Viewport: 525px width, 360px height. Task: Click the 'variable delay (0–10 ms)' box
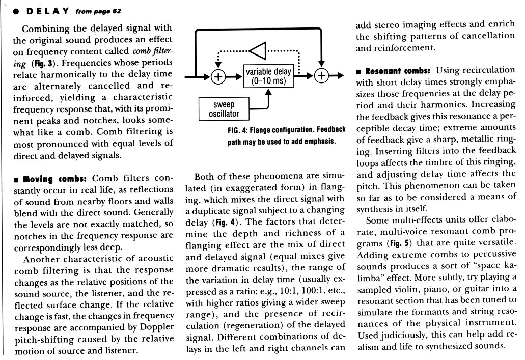click(268, 77)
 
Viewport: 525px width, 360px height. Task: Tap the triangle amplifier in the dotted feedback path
click(259, 51)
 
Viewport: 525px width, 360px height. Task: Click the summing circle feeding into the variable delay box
click(218, 77)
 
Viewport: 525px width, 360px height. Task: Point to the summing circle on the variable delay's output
click(321, 77)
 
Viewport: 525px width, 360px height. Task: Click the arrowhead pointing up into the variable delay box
click(268, 94)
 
